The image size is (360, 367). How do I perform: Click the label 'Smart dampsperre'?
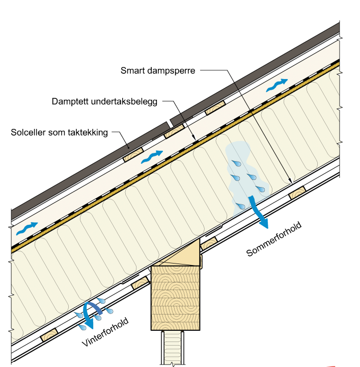coord(158,71)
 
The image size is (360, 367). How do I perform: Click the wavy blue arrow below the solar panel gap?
coord(153,155)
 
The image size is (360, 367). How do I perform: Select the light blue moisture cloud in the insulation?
coord(242,173)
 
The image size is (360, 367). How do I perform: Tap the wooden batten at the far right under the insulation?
coord(296,193)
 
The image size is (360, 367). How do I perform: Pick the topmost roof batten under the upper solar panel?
coord(215,108)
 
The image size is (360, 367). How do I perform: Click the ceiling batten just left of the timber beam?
coord(141,282)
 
